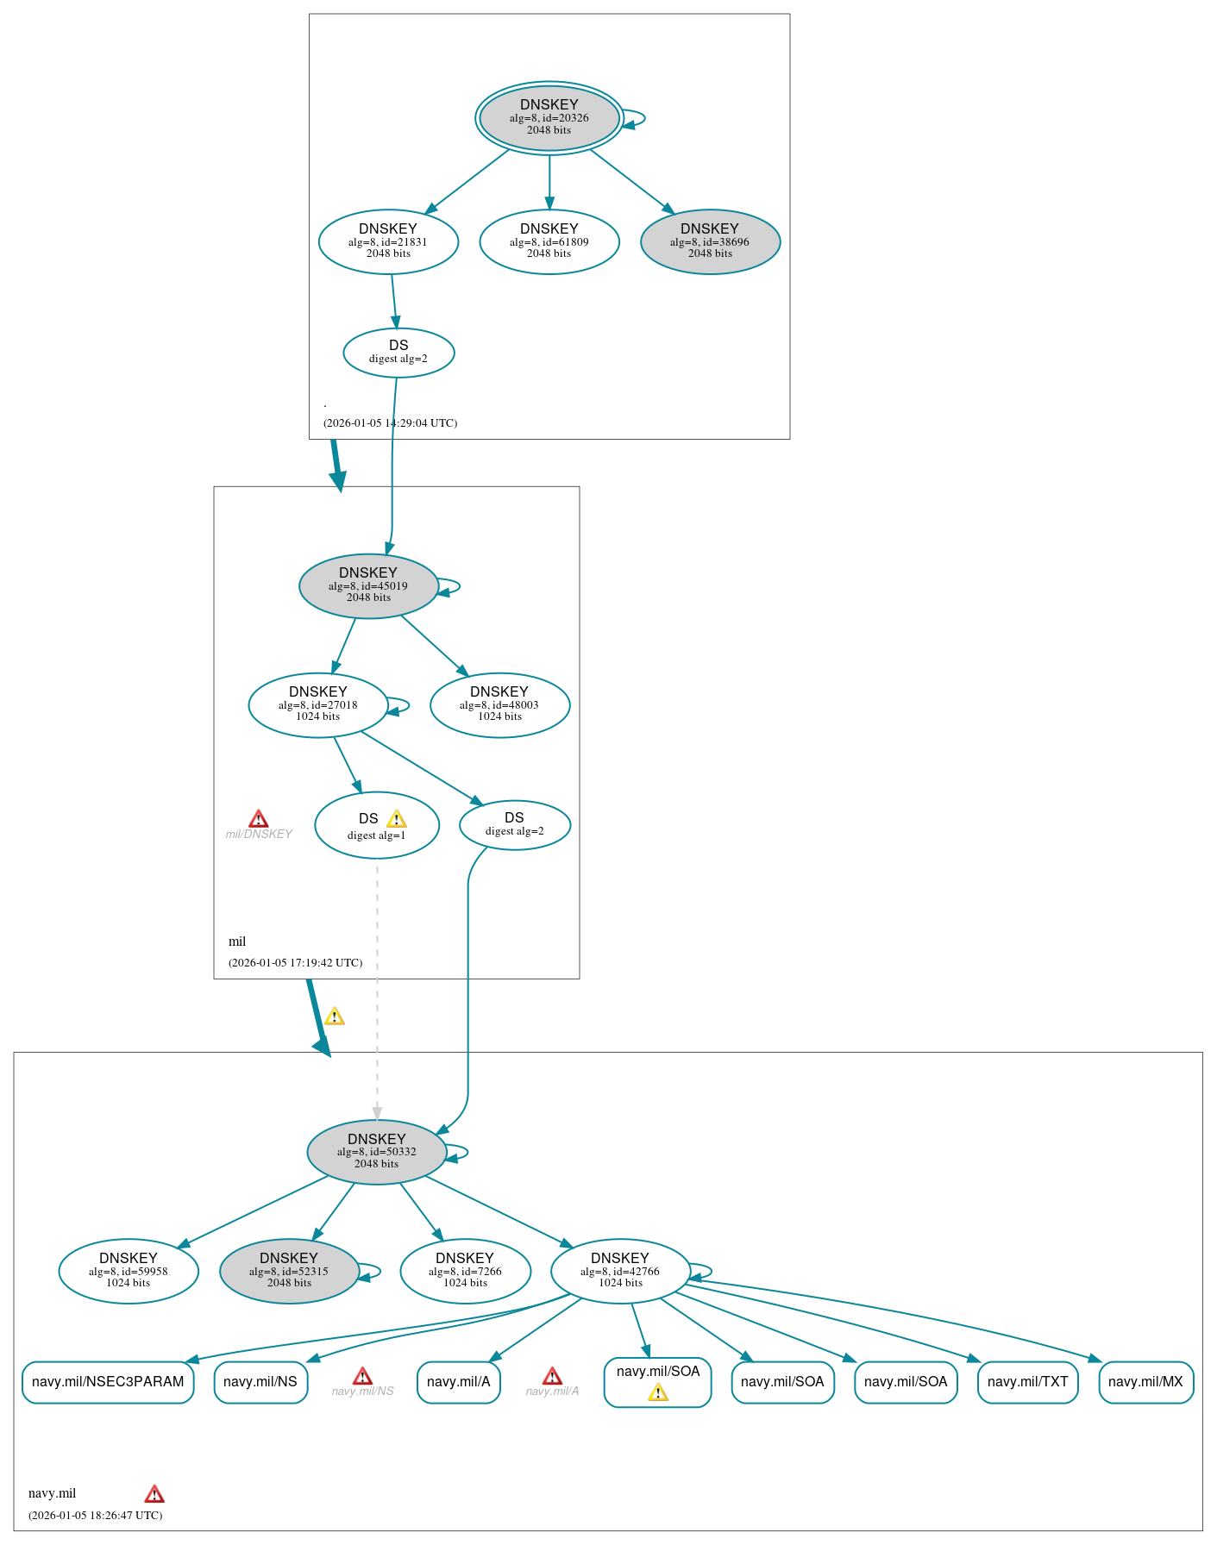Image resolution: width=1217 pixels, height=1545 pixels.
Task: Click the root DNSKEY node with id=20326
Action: pos(549,117)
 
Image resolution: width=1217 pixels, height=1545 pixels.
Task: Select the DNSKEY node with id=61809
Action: pos(549,241)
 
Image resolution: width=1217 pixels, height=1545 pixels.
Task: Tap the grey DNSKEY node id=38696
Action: pos(710,241)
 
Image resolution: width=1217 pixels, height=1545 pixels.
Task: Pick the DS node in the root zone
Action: pos(398,352)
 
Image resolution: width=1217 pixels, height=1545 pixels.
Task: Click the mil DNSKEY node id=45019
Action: pos(368,585)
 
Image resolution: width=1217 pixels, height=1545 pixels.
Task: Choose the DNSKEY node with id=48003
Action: pos(499,704)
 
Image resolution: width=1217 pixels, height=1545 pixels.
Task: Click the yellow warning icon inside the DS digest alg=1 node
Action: pos(396,818)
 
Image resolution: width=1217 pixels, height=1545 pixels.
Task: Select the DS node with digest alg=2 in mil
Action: pos(514,824)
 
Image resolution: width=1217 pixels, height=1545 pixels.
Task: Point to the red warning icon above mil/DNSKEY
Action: pos(258,818)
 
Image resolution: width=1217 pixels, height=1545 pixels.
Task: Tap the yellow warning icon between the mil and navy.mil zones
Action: pos(334,1016)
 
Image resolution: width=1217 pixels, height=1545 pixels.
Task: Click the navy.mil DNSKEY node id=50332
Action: pos(377,1152)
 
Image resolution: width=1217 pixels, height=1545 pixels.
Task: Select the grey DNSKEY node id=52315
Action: pos(289,1271)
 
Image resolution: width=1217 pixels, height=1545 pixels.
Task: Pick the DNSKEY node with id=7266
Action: pos(465,1271)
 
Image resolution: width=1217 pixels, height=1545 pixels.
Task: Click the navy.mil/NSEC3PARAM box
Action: pos(108,1382)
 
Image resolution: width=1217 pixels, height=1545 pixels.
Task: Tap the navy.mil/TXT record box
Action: pos(1027,1382)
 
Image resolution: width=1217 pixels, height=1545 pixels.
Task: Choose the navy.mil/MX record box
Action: pos(1145,1382)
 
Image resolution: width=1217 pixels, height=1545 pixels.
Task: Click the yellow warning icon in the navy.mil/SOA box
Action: pos(658,1392)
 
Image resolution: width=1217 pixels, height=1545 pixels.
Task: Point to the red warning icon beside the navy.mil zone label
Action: pos(154,1493)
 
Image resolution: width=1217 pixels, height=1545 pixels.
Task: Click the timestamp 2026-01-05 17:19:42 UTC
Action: pos(295,962)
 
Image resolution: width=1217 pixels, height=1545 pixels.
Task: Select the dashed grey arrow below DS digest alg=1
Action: pos(377,991)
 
